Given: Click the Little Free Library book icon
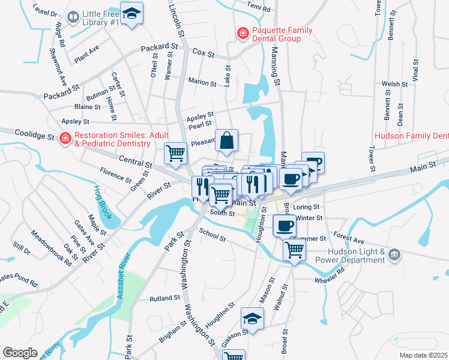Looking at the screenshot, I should click(73, 17).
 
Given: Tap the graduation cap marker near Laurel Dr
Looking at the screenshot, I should click(131, 13).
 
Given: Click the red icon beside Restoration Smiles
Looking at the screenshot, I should click(65, 139).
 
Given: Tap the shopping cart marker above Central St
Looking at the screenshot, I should click(175, 152).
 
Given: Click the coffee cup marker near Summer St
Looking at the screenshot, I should click(285, 226).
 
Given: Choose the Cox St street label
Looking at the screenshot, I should click(203, 53).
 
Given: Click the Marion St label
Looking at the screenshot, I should click(202, 83).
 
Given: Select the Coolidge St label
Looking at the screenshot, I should click(34, 136).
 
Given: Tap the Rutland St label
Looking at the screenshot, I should click(165, 298).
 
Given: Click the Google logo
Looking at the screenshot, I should click(19, 352).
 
